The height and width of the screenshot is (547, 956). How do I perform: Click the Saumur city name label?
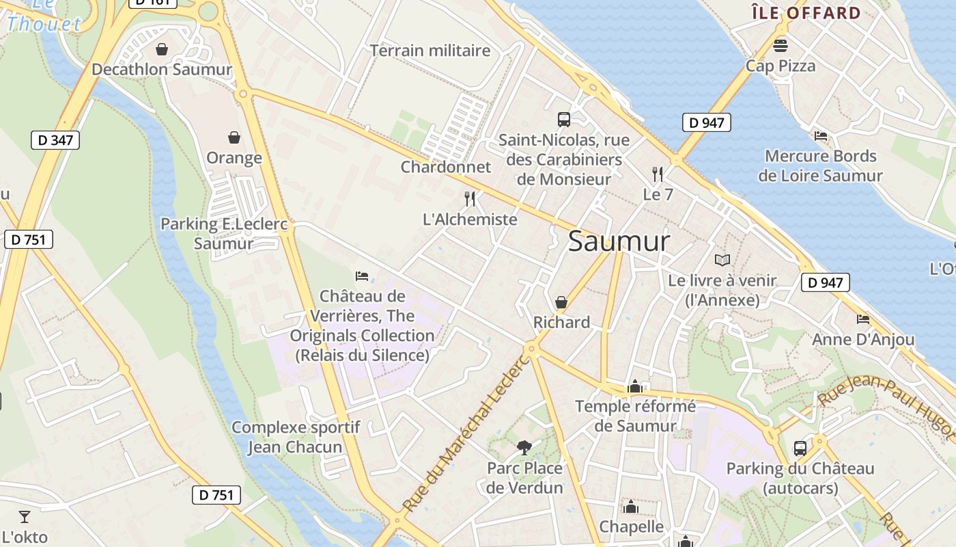click(x=619, y=241)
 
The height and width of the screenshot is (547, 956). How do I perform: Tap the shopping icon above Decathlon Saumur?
click(x=162, y=49)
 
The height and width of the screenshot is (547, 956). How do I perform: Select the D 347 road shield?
click(x=55, y=141)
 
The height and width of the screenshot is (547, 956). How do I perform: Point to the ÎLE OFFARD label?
click(x=806, y=13)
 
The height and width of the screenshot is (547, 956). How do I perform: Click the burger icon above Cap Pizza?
click(x=781, y=46)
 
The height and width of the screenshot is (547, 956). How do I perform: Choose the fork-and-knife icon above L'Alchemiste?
click(x=470, y=199)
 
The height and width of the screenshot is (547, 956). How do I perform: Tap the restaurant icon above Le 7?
click(x=658, y=174)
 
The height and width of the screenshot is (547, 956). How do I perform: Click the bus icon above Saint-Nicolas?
click(x=564, y=120)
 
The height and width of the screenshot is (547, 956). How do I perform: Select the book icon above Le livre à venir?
click(x=722, y=260)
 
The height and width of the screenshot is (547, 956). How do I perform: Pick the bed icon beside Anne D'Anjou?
click(x=863, y=319)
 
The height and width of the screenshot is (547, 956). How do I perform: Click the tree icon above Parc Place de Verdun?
click(x=524, y=448)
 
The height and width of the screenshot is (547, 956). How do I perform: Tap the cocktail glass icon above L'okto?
click(x=25, y=516)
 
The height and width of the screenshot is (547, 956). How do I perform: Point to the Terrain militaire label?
click(x=430, y=51)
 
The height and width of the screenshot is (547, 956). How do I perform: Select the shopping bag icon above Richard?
click(x=561, y=302)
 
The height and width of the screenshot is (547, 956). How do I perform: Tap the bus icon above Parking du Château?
click(x=800, y=449)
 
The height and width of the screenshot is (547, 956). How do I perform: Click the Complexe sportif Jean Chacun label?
click(x=295, y=438)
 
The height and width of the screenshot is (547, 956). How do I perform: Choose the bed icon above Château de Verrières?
click(x=362, y=276)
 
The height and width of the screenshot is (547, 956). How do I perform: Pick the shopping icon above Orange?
click(x=234, y=138)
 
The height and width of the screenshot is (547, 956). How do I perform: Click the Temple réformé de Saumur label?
click(x=635, y=416)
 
